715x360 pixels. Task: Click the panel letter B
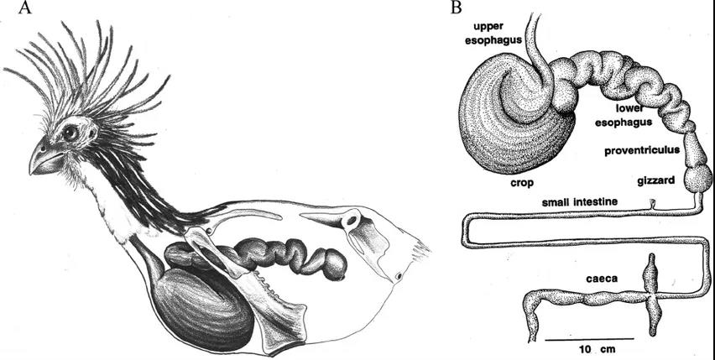pyautogui.click(x=456, y=7)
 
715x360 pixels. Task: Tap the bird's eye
pyautogui.click(x=70, y=133)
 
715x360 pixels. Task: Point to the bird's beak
pyautogui.click(x=44, y=158)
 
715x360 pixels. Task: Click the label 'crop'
pyautogui.click(x=522, y=183)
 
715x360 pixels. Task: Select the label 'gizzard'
pyautogui.click(x=655, y=181)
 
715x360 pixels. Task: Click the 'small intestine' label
pyautogui.click(x=580, y=201)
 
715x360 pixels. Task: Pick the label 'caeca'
pyautogui.click(x=602, y=278)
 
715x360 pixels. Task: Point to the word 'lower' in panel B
pyautogui.click(x=629, y=108)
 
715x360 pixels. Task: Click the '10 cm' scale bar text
pyautogui.click(x=591, y=350)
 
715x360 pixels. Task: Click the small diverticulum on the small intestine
pyautogui.click(x=652, y=205)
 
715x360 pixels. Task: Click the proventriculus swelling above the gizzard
pyautogui.click(x=695, y=148)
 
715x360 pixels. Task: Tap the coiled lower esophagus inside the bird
pyautogui.click(x=255, y=256)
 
